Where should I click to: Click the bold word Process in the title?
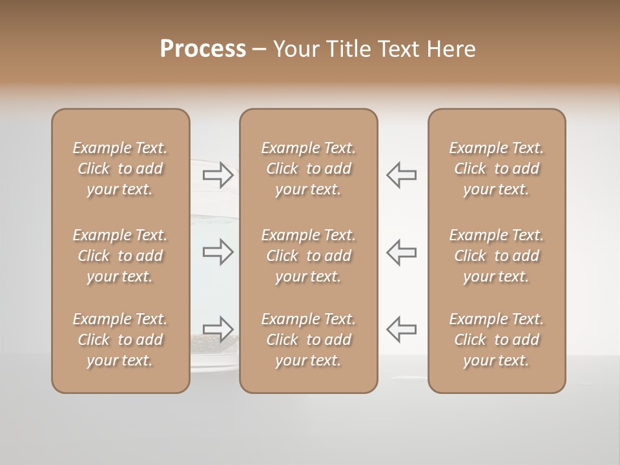tap(203, 48)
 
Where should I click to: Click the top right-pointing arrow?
tap(218, 174)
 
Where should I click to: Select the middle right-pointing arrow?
tap(218, 252)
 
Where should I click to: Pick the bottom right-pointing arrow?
tap(218, 329)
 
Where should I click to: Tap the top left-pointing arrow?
tap(401, 174)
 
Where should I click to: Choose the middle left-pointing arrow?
tap(401, 252)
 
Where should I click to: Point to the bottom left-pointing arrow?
tap(401, 329)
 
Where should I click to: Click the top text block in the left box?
tap(120, 169)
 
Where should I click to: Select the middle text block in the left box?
tap(120, 256)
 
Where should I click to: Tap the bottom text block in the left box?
tap(120, 340)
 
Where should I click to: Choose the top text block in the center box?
tap(309, 169)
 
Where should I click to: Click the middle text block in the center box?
tap(309, 256)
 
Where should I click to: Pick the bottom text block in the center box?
tap(309, 340)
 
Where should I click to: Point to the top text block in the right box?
tap(497, 169)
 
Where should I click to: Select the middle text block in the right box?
tap(497, 256)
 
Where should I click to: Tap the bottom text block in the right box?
tap(497, 340)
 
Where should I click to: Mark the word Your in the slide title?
tap(294, 48)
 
